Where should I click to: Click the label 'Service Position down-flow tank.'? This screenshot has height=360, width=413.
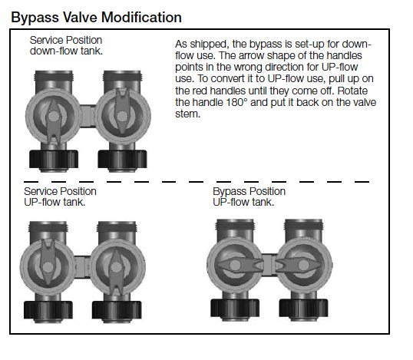[x=65, y=45]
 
